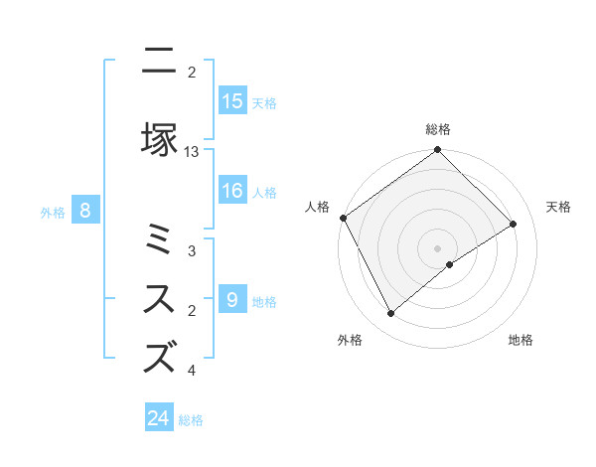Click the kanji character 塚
click(x=159, y=140)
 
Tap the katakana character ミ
click(x=159, y=239)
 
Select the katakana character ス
click(x=159, y=299)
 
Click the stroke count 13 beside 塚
click(x=192, y=152)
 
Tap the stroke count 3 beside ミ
click(x=192, y=251)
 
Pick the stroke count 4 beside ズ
click(x=192, y=371)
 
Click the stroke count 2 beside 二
click(x=192, y=73)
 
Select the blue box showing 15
click(x=232, y=101)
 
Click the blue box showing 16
click(x=232, y=192)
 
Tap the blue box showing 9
click(x=232, y=300)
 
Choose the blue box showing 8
click(x=85, y=210)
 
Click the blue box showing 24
click(x=159, y=418)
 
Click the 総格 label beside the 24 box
click(x=191, y=420)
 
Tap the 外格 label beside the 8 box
click(x=52, y=212)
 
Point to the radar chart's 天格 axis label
click(x=558, y=207)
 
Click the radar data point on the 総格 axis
click(x=437, y=150)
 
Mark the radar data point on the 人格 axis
click(x=343, y=218)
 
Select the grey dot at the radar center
click(x=437, y=247)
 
